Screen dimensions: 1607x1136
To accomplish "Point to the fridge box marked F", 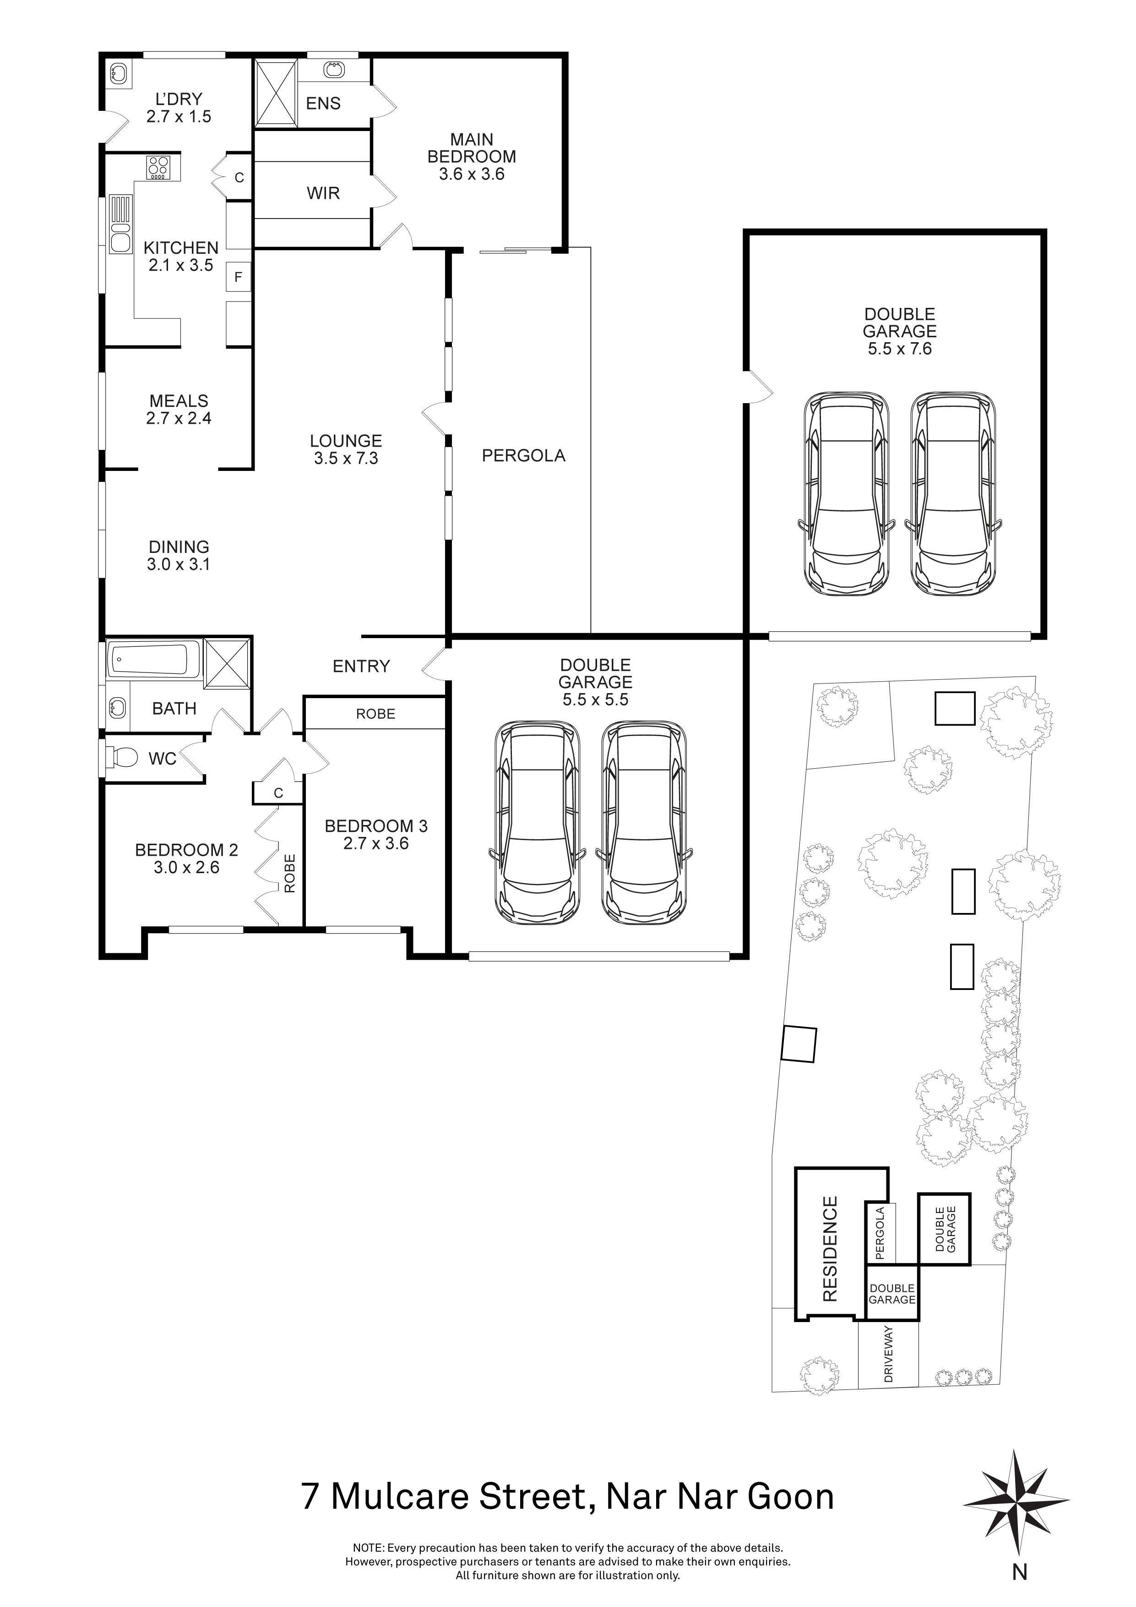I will tap(238, 277).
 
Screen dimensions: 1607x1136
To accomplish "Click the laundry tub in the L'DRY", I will tap(120, 73).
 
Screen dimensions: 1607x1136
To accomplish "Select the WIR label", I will tap(323, 193).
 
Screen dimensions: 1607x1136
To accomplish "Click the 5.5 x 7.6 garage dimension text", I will tap(900, 349).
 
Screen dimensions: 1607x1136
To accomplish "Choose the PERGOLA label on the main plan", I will tap(523, 456).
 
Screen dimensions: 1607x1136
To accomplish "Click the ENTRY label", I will tap(361, 667).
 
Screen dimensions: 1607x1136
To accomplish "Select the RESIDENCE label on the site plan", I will tap(830, 1249).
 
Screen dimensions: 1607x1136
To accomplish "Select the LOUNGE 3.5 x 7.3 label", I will tap(346, 449).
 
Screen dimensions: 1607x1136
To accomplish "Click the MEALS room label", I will tap(179, 401).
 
